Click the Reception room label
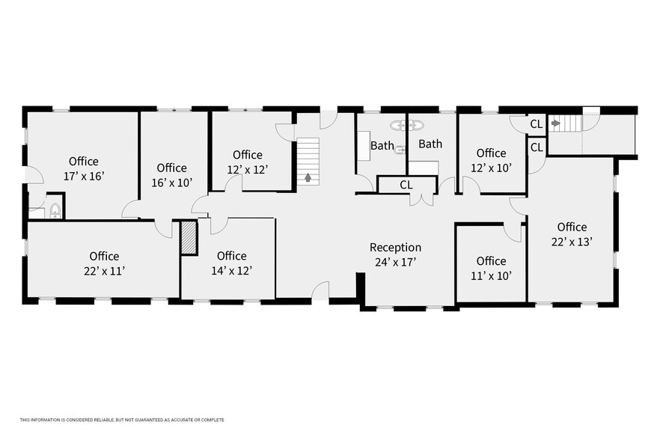395,248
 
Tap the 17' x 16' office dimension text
84,176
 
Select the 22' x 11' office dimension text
104,271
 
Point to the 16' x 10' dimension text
172,183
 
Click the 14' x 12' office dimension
231,270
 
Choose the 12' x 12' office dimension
248,169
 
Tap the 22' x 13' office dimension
572,242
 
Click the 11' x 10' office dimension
491,276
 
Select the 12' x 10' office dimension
491,168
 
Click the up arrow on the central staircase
308,177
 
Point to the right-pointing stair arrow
556,123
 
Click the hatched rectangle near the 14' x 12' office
189,237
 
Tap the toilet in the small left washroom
55,210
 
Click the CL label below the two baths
406,185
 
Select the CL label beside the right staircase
537,124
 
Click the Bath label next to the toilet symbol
382,146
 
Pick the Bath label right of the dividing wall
430,144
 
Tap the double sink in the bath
406,125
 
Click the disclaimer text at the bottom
122,420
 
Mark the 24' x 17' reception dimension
396,262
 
